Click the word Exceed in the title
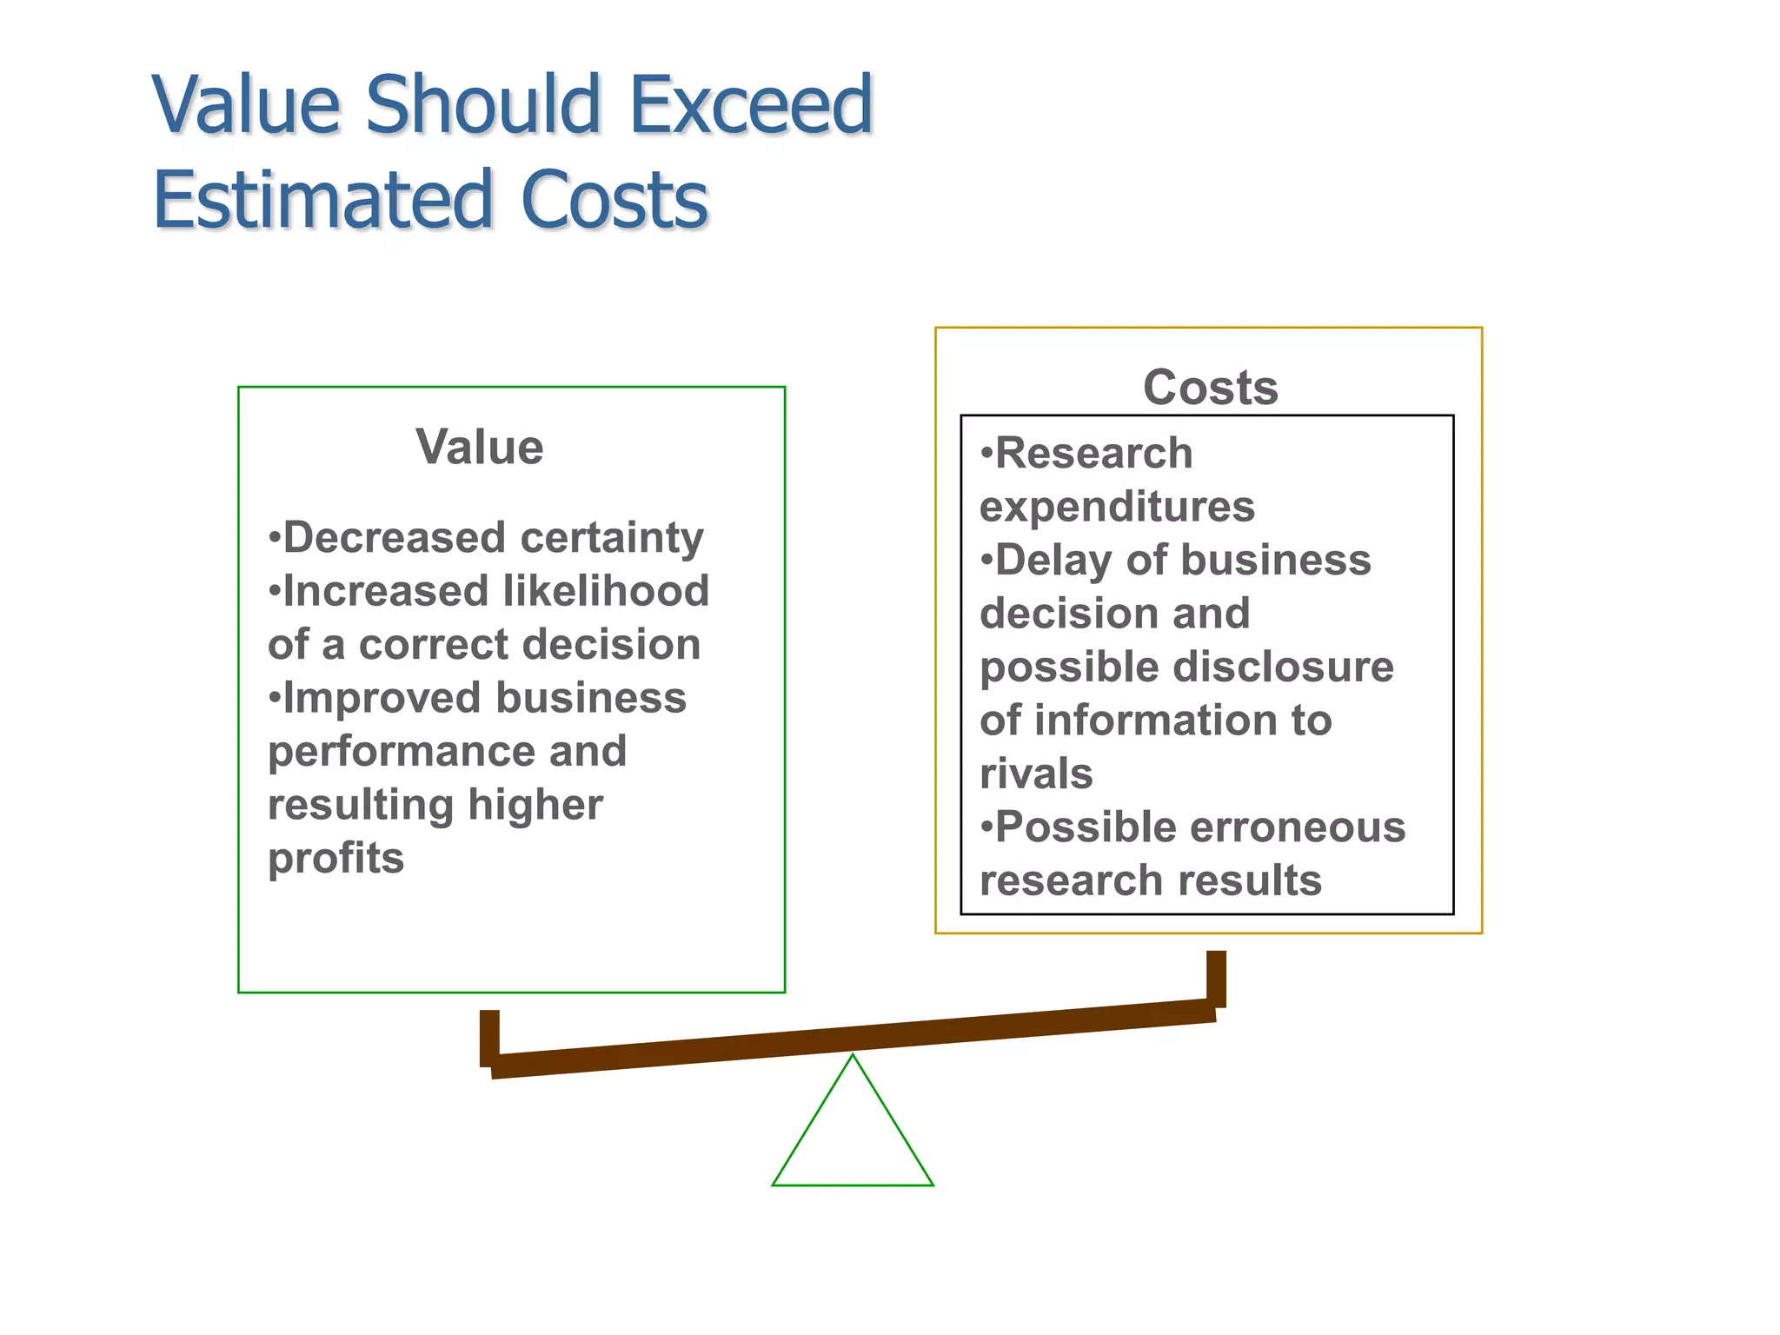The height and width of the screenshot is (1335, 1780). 750,106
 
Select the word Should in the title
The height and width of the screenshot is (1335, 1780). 483,106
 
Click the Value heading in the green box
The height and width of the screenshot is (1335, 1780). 480,448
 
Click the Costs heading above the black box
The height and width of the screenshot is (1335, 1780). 1211,388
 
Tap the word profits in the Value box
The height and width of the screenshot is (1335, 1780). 335,858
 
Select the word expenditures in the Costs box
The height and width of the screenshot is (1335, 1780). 1117,507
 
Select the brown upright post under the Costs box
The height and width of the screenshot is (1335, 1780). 1216,978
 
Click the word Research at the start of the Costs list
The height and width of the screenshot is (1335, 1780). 1093,454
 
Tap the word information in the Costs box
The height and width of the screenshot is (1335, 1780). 1146,721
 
